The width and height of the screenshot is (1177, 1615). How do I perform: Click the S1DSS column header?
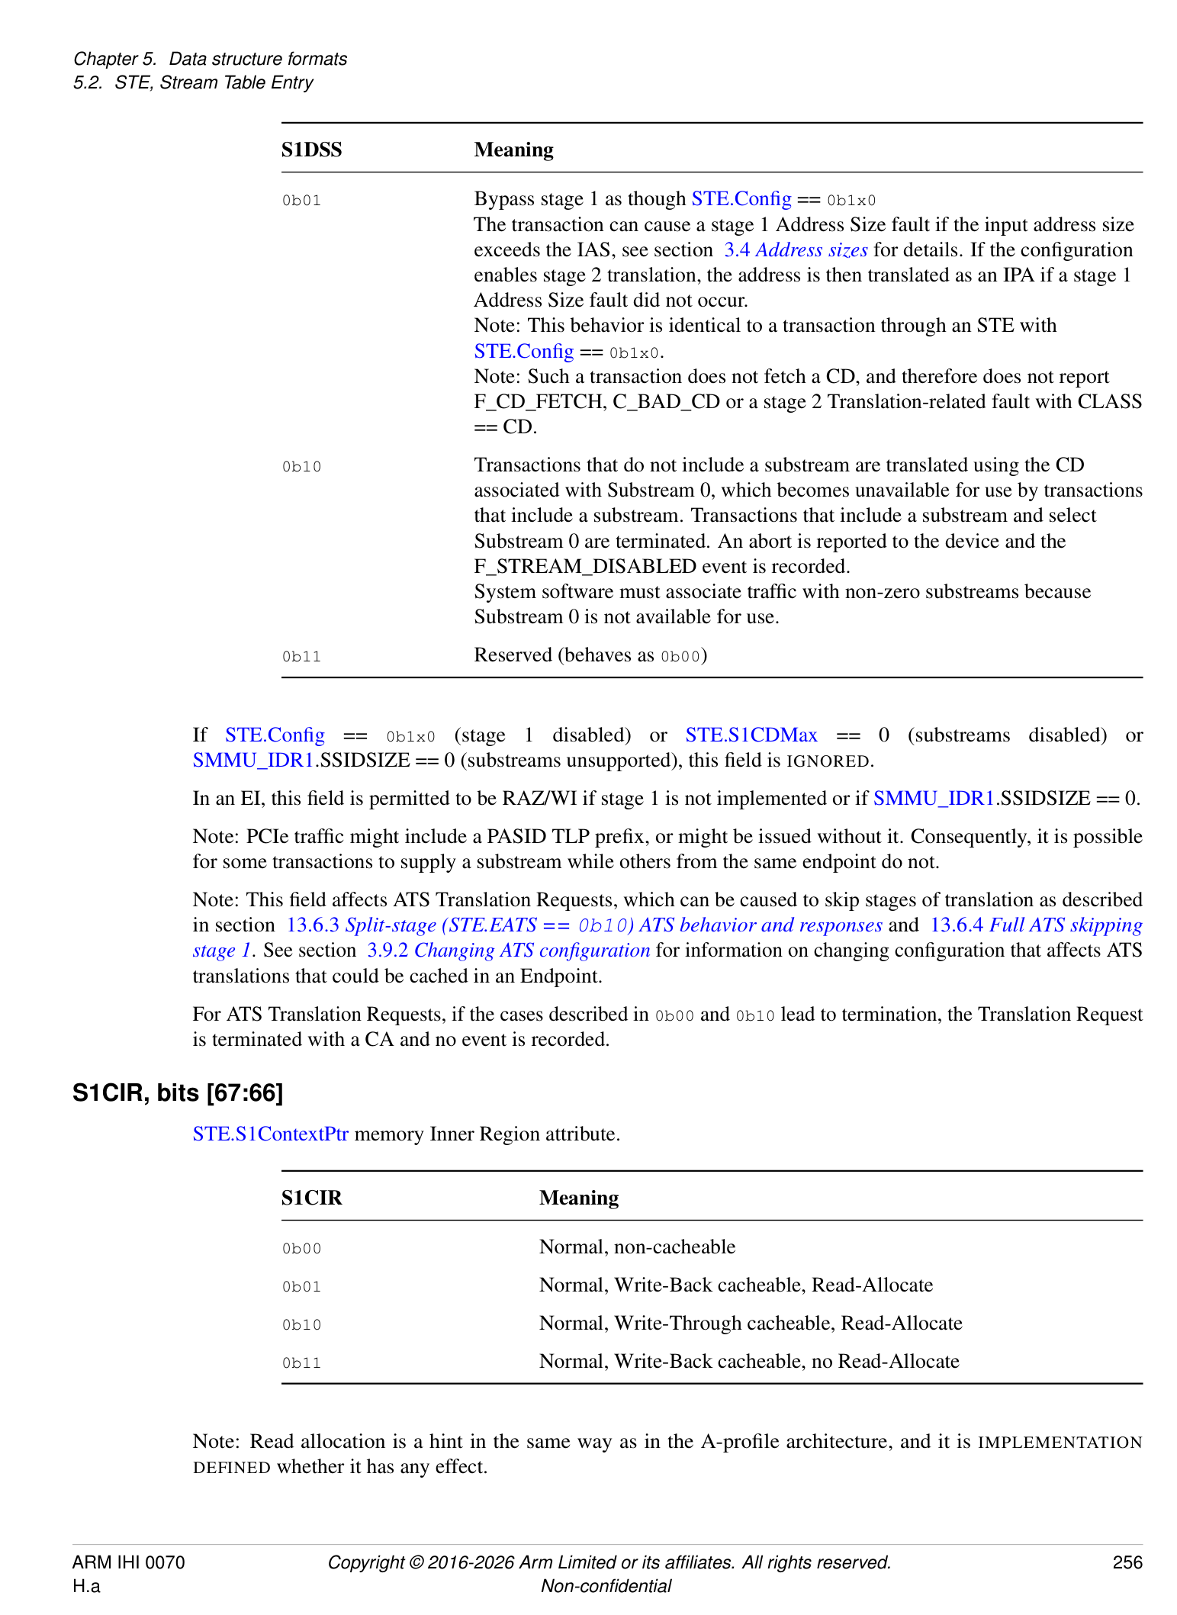pyautogui.click(x=311, y=150)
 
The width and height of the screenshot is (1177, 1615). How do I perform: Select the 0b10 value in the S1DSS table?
pyautogui.click(x=301, y=467)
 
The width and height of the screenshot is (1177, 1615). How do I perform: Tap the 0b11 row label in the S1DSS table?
pyautogui.click(x=301, y=657)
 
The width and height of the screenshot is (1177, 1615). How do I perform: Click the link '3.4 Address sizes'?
pyautogui.click(x=796, y=250)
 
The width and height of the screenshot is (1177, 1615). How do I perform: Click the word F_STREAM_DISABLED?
pyautogui.click(x=585, y=567)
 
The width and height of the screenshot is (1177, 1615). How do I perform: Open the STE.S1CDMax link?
pyautogui.click(x=751, y=735)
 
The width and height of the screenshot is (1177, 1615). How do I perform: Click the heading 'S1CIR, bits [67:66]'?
pyautogui.click(x=178, y=1093)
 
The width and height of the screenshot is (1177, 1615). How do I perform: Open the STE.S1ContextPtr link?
pyautogui.click(x=270, y=1134)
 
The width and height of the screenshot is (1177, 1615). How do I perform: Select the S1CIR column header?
pyautogui.click(x=311, y=1198)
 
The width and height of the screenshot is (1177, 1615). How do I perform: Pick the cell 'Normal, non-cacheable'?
pyautogui.click(x=637, y=1247)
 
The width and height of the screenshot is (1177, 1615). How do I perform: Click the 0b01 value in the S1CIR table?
pyautogui.click(x=301, y=1287)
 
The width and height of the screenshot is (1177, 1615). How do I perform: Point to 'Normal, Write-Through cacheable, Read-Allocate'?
pyautogui.click(x=750, y=1324)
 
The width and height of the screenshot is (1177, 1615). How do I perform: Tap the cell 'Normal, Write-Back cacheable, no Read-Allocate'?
pyautogui.click(x=748, y=1362)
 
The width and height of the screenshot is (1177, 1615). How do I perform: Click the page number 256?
pyautogui.click(x=1127, y=1562)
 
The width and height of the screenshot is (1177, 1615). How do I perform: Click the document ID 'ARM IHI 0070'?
pyautogui.click(x=128, y=1562)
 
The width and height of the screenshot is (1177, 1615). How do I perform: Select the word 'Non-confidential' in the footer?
pyautogui.click(x=606, y=1586)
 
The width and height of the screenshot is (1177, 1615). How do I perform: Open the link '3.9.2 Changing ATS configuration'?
pyautogui.click(x=508, y=951)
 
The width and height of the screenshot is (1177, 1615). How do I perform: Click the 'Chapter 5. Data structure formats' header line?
pyautogui.click(x=210, y=59)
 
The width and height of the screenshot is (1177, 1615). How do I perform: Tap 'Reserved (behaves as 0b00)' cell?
pyautogui.click(x=590, y=656)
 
